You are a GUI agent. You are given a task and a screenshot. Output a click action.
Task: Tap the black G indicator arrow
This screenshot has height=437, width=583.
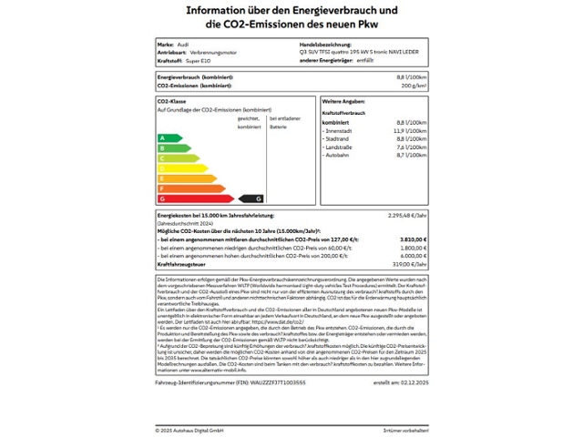coord(251,198)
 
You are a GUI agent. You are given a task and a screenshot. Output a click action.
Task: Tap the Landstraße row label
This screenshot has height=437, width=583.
coord(340,146)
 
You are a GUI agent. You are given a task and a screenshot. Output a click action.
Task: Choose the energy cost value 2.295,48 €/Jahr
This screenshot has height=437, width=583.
coord(407,215)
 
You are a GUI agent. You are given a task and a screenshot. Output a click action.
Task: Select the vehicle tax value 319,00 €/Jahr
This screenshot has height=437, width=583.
coord(408,263)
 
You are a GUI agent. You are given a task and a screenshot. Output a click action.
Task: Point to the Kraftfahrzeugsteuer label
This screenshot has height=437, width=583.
coord(185,263)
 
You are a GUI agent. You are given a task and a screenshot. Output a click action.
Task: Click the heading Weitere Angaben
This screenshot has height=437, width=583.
coord(343,101)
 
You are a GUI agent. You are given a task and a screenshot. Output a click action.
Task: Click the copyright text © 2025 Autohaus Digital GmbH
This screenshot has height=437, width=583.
coord(189,429)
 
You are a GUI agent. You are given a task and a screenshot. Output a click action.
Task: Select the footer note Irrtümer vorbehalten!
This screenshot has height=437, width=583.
coord(405,429)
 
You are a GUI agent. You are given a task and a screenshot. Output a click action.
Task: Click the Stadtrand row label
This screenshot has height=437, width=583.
coord(338,137)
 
